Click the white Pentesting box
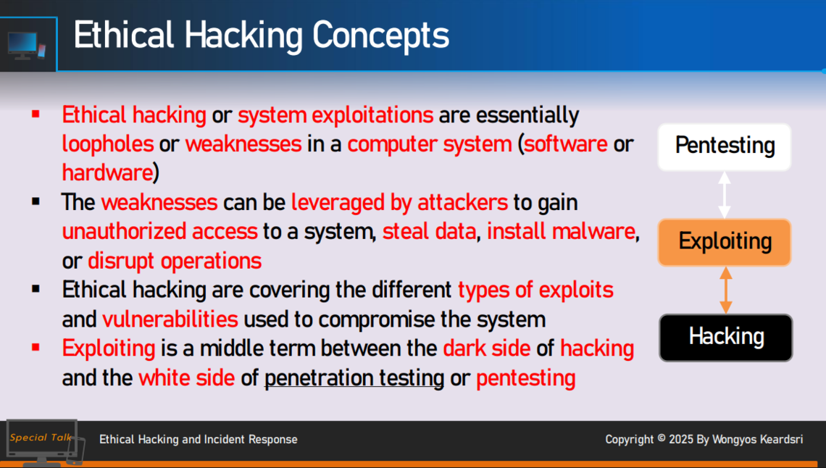click(725, 147)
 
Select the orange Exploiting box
click(725, 242)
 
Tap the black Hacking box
click(725, 338)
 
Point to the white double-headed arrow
click(725, 195)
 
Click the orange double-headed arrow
click(725, 290)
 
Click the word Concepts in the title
click(380, 36)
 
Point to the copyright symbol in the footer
click(661, 438)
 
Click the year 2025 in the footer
click(680, 439)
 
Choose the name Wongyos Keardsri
click(757, 439)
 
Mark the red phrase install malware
click(561, 232)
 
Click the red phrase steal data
click(429, 232)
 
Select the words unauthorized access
click(159, 232)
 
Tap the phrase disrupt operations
click(175, 261)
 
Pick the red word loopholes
click(108, 144)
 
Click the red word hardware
click(107, 172)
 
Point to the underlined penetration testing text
click(354, 378)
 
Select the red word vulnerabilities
click(170, 319)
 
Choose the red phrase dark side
click(487, 348)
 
